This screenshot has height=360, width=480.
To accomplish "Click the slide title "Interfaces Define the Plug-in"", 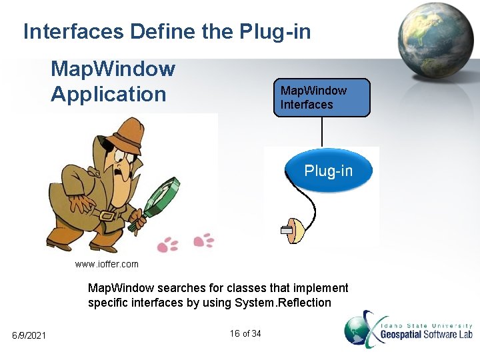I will tap(167, 31).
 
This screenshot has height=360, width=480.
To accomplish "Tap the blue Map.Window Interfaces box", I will tap(321, 97).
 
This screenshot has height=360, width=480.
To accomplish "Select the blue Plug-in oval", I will tap(328, 171).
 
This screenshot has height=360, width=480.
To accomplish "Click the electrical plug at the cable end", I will tap(292, 230).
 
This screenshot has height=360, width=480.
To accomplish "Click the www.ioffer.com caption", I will tap(107, 264).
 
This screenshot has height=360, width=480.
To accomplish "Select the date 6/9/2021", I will tap(29, 335).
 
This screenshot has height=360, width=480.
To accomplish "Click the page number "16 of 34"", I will tap(245, 333).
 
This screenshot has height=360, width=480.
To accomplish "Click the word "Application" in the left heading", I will tap(108, 94).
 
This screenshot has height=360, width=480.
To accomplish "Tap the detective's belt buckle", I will tap(105, 214).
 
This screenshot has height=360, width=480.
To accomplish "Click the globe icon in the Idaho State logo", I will tap(360, 330).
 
